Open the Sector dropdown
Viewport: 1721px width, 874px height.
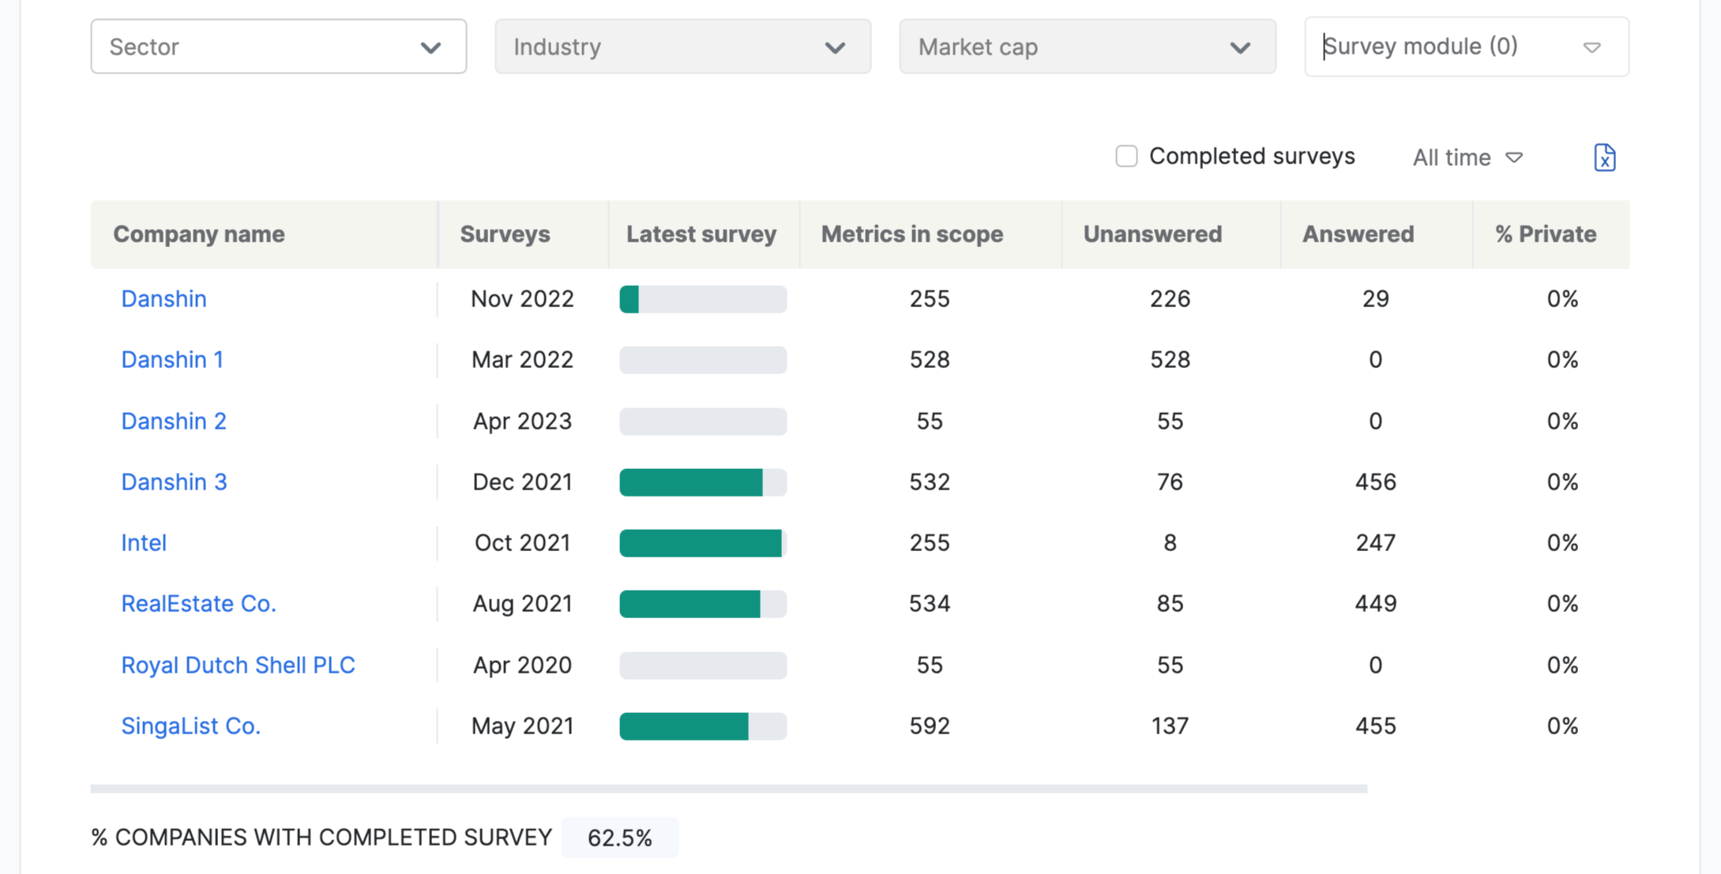point(278,47)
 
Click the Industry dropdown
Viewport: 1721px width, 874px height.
point(682,47)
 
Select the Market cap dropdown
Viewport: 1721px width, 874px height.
point(1087,47)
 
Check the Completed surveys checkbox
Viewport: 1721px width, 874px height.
point(1126,156)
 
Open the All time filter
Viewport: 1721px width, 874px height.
point(1467,158)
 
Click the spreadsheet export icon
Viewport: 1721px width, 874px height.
point(1604,158)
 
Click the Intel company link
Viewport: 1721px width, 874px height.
point(144,543)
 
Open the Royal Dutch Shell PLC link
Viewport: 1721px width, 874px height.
point(238,665)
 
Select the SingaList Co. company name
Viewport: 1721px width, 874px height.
point(190,726)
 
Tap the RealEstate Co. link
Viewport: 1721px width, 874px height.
point(198,604)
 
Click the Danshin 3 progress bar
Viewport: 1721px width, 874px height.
point(703,482)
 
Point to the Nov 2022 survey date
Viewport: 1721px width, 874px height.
point(522,299)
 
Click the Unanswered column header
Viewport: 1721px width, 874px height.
point(1152,234)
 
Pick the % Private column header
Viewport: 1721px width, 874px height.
point(1545,234)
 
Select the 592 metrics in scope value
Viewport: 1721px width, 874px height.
point(929,726)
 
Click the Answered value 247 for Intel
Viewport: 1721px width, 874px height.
point(1375,543)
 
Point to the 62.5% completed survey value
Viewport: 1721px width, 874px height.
point(619,838)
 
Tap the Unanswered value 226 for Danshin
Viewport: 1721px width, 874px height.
point(1170,299)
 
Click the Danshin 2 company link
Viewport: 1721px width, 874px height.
point(174,422)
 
